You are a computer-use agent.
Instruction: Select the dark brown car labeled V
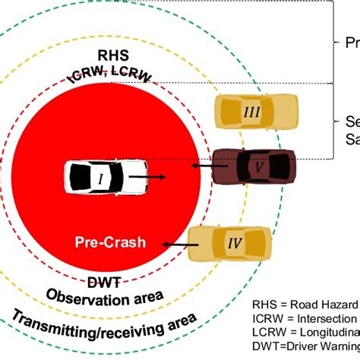252,166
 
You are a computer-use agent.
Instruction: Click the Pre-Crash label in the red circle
110,243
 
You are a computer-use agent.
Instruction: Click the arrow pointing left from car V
202,165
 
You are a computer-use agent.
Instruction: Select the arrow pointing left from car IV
176,245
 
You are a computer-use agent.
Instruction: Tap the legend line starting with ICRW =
304,318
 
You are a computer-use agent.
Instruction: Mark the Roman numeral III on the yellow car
251,111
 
